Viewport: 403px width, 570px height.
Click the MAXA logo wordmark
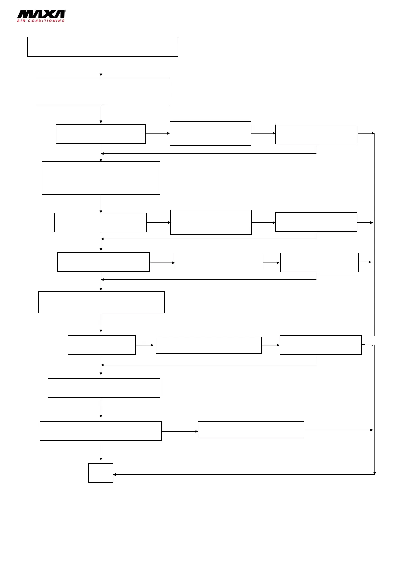41,14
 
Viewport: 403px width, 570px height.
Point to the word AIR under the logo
21,21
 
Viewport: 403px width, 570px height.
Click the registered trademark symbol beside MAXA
65,11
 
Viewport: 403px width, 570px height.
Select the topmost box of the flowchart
103,46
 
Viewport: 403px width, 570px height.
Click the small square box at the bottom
101,473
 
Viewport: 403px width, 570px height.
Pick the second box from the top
103,91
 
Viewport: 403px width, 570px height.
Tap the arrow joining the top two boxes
101,66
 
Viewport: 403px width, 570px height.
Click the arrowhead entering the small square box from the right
115,475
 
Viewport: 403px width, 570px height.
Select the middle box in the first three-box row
210,133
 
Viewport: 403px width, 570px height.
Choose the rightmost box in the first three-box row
316,134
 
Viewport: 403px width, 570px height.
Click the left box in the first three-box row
101,134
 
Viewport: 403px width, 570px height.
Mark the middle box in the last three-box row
209,345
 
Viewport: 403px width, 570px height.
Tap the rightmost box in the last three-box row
321,345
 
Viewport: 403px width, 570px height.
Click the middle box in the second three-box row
211,222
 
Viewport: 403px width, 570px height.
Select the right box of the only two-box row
251,430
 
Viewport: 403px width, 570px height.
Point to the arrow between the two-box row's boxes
179,431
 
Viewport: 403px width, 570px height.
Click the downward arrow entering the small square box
101,452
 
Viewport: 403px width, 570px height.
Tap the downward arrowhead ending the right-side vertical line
375,473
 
